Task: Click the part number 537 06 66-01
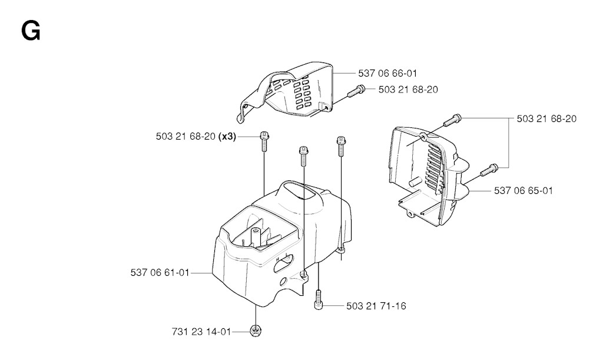(x=387, y=73)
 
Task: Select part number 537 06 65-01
(x=524, y=190)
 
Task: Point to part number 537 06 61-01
(x=160, y=273)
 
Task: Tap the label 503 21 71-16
(x=376, y=306)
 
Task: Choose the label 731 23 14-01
(x=201, y=332)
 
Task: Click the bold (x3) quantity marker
(x=227, y=137)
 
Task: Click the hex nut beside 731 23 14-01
(x=255, y=331)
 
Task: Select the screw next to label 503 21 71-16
(x=318, y=300)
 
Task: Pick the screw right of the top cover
(x=356, y=91)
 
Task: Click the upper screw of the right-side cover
(x=453, y=120)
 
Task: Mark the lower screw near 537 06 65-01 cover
(x=489, y=170)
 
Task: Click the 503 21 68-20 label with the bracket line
(x=546, y=119)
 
